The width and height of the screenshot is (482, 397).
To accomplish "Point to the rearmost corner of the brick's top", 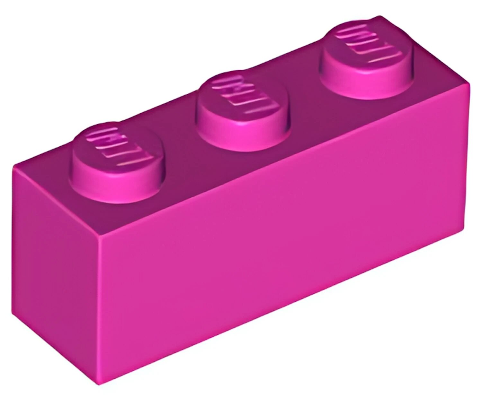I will [x=381, y=16].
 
